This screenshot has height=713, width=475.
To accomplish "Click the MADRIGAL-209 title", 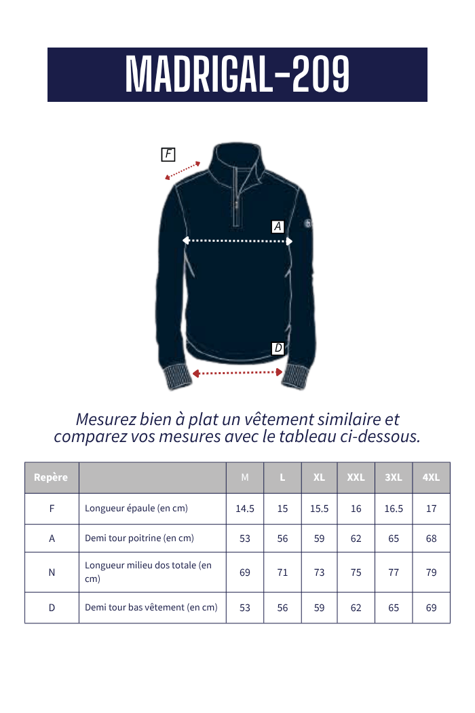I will coord(237,74).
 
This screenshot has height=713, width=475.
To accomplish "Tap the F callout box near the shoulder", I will coord(168,154).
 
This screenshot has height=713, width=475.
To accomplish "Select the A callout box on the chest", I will coord(278,227).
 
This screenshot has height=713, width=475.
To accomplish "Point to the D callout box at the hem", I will coord(278,348).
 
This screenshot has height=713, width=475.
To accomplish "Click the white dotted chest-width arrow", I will coord(237,240).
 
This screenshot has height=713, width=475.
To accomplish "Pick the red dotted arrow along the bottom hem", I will coord(237,372).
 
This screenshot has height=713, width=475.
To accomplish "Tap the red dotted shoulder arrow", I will coord(183,170).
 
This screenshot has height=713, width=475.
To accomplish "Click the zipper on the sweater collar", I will coord(237,197).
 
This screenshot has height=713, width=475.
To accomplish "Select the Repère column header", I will coord(51,477).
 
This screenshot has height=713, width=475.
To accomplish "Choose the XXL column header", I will coord(356,477).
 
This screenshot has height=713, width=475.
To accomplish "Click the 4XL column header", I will coord(431,477).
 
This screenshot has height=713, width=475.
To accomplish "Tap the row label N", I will coord(52,572).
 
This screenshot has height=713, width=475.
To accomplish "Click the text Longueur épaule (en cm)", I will coord(136,508).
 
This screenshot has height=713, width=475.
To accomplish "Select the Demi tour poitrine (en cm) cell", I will coord(139,538).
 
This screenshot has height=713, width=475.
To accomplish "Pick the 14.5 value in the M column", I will coord(245,509).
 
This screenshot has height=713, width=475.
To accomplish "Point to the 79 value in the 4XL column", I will coord(431,572).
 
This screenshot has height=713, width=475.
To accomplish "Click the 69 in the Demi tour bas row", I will coord(431,608).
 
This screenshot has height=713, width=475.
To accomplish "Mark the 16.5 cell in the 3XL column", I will coord(394,509).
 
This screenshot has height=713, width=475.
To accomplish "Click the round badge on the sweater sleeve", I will coord(309,223).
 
